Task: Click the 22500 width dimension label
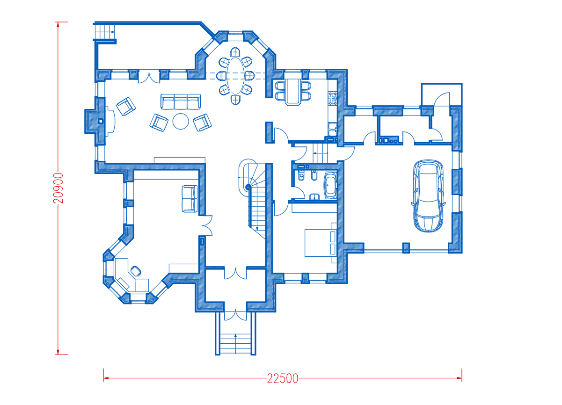283,379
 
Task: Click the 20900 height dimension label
58,188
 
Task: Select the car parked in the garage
428,196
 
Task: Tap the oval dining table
235,76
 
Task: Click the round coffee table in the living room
181,122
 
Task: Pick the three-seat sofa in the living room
181,102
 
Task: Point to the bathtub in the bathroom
330,185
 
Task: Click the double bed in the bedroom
321,243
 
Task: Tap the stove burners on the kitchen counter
333,98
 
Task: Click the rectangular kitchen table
293,92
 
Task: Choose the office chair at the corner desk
136,271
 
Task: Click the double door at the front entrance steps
235,316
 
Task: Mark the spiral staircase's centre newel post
248,187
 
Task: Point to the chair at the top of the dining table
235,52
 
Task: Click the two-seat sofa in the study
190,199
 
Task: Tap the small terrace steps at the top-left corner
105,32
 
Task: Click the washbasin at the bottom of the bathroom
314,197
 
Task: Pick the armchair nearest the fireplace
126,106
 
